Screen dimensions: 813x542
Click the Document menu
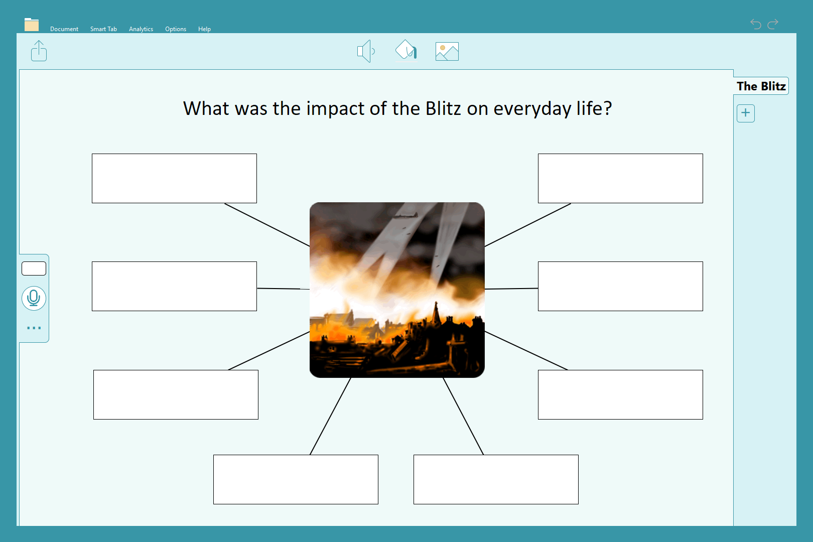64,29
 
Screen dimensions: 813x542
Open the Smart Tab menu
103,29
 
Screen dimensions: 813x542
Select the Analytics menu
141,29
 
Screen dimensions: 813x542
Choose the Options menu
176,29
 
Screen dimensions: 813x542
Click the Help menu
204,29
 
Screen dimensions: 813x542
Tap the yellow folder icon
32,24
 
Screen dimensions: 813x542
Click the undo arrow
756,24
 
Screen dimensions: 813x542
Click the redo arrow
773,24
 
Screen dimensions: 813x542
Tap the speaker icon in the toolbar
366,51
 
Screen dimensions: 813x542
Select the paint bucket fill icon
406,49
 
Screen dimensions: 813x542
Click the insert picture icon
447,51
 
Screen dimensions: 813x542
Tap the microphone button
34,299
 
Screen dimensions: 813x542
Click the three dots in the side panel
34,328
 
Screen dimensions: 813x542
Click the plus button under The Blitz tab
745,113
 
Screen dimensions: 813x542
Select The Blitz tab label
761,86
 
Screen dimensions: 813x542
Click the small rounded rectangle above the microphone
34,268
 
